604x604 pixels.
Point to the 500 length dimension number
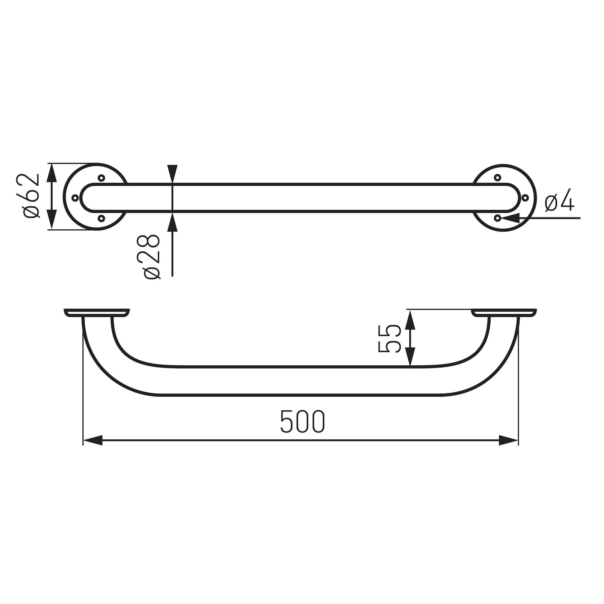click(303, 421)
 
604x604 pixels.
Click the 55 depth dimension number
click(390, 339)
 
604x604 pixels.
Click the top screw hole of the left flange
click(101, 178)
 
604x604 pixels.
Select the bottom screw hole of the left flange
click(101, 218)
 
